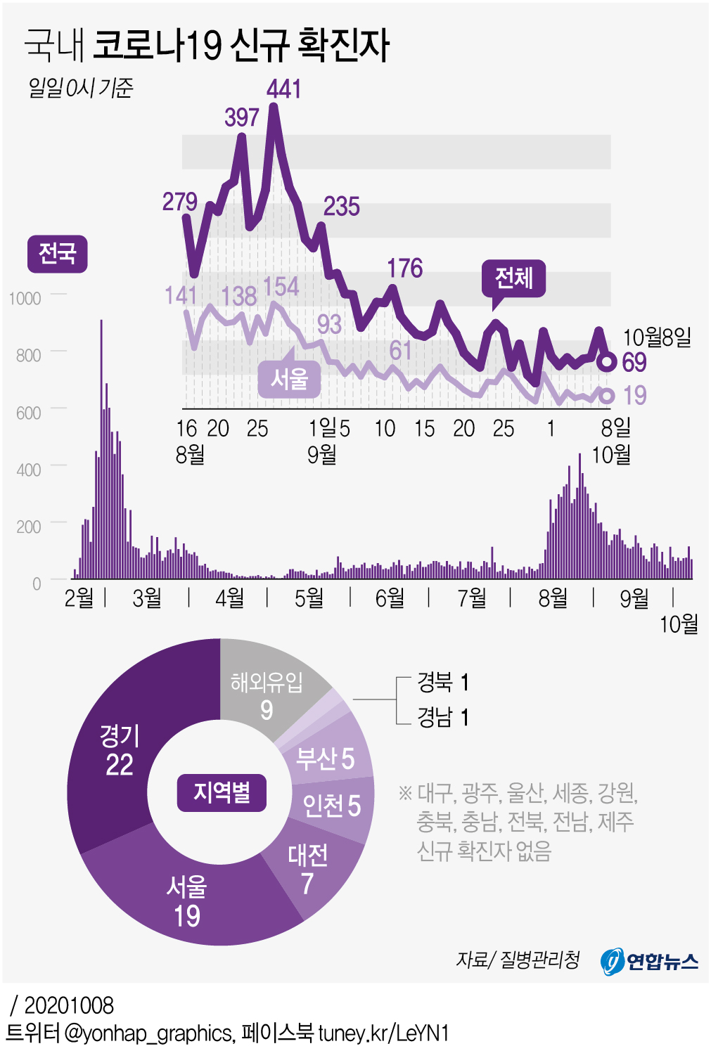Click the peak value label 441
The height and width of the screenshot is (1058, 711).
click(x=284, y=89)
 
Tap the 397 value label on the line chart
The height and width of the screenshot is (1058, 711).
click(x=242, y=117)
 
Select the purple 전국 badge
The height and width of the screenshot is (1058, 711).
click(x=57, y=254)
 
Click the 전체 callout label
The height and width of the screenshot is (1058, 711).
click(x=513, y=278)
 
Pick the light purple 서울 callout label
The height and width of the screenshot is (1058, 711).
click(x=289, y=380)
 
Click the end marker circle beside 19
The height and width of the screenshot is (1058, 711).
click(x=606, y=396)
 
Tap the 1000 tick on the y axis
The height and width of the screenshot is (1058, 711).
click(x=25, y=299)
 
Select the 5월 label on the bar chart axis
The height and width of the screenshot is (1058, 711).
click(x=309, y=598)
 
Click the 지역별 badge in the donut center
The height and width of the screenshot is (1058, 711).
click(x=222, y=793)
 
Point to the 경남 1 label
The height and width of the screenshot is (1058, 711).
click(x=442, y=717)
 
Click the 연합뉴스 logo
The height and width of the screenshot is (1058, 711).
click(x=649, y=961)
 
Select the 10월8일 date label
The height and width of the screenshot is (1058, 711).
click(x=657, y=337)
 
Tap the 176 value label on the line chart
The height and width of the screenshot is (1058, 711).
click(x=404, y=269)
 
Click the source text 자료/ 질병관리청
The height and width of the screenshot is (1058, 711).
click(x=518, y=960)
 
